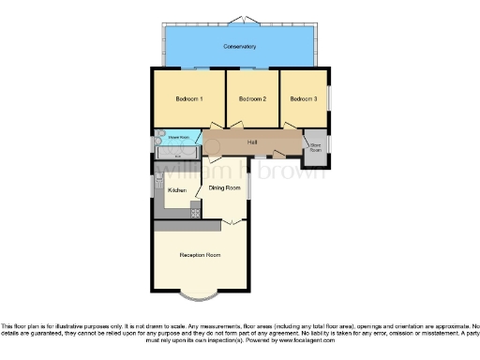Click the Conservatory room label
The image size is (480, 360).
(x=240, y=46)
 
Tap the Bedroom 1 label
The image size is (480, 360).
(x=189, y=98)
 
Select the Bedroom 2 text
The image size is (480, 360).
(x=252, y=98)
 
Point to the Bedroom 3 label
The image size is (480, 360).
(x=303, y=98)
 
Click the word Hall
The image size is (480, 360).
(x=252, y=142)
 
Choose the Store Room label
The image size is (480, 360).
(x=315, y=147)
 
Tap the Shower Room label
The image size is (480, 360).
(x=179, y=138)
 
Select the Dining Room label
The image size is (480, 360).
(x=224, y=188)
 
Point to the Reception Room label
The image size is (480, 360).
(x=200, y=254)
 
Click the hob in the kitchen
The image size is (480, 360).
(x=196, y=213)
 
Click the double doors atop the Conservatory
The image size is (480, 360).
(x=240, y=20)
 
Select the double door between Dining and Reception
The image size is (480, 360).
(x=230, y=222)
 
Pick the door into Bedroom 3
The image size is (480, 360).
(x=293, y=127)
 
